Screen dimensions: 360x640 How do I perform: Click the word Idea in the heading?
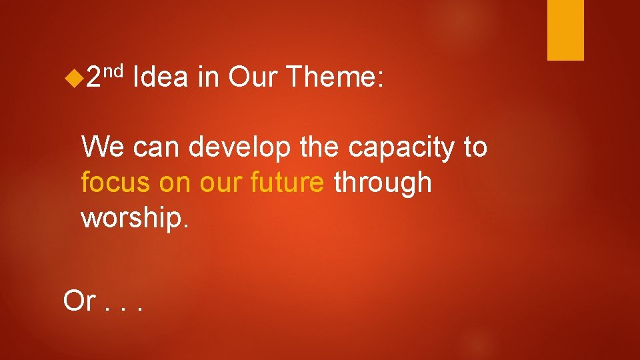click(x=160, y=79)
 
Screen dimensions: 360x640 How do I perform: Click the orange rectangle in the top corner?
click(x=565, y=30)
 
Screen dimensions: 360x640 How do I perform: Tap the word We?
click(x=103, y=147)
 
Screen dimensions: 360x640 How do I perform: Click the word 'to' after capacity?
click(x=474, y=147)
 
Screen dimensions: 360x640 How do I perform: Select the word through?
click(x=383, y=183)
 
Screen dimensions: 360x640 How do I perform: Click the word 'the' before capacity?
click(x=322, y=147)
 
